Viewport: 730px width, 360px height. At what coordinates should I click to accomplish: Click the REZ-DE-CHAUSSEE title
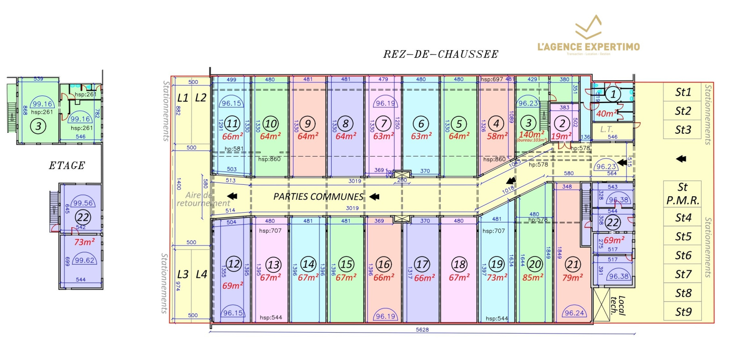pos(440,54)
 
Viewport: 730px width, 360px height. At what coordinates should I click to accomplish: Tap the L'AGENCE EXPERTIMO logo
pos(588,37)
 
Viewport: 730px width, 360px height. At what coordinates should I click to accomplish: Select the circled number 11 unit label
pos(232,123)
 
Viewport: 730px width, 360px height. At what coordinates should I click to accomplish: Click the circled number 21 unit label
pos(573,264)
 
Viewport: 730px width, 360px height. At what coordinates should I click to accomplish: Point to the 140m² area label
pos(531,135)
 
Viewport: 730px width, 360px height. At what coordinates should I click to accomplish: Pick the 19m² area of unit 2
pos(561,136)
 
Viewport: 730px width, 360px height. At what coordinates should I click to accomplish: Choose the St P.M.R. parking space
pos(682,193)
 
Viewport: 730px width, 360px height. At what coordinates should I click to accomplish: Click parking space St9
pos(683,312)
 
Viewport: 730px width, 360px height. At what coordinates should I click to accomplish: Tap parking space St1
pos(683,92)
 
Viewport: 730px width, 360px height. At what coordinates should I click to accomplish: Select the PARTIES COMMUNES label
pos(318,197)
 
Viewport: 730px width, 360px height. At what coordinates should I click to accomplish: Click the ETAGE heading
pos(67,166)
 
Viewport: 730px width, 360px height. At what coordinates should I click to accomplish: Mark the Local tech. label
pos(618,305)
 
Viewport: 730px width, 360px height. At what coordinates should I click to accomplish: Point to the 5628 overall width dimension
pos(422,329)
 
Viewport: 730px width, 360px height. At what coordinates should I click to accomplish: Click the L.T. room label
pos(606,130)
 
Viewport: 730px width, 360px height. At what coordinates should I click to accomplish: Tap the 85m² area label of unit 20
pos(532,277)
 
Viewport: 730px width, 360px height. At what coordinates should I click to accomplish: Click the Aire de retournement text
pos(203,199)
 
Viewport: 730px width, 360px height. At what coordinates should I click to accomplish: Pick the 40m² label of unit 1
pos(606,113)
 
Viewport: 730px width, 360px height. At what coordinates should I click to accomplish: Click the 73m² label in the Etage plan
pos(84,242)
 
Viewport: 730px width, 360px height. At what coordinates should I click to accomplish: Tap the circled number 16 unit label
pos(384,264)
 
